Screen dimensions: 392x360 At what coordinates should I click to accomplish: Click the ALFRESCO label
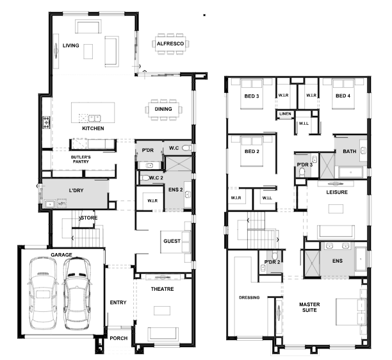point(170,44)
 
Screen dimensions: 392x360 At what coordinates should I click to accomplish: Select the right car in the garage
point(76,294)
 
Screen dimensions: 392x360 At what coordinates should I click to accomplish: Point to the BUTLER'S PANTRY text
point(81,160)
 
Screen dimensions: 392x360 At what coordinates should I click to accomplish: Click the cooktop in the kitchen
point(46,122)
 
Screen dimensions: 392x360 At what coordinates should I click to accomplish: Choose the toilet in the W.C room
point(186,148)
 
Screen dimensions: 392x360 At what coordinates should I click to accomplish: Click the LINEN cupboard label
point(285,114)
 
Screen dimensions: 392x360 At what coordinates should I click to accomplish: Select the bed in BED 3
point(252,94)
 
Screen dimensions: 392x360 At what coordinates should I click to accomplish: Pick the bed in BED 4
point(343,94)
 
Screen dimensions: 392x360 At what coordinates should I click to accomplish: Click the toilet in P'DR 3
point(302,172)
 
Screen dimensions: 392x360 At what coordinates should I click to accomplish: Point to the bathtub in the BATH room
point(350,172)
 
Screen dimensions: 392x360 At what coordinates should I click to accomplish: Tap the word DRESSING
point(249,297)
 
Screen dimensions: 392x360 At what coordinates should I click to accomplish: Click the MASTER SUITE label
point(309,307)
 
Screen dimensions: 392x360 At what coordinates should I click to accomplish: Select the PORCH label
point(118,338)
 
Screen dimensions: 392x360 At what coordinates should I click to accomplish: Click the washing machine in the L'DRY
point(61,203)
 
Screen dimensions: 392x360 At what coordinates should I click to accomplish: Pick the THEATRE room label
point(162,289)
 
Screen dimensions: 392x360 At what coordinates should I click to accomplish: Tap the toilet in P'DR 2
point(275,255)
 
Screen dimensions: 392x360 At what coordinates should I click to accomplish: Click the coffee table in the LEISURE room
point(336,209)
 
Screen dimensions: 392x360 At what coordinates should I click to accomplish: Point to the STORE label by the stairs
point(89,218)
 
